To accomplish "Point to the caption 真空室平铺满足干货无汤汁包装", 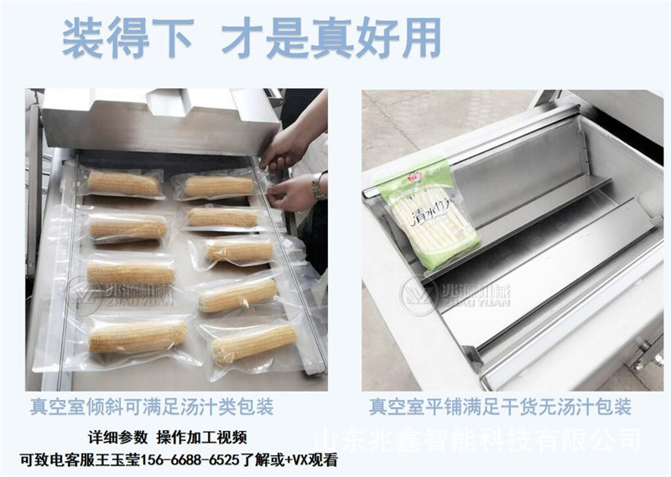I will pyautogui.click(x=500, y=408).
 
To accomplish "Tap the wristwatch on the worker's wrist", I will pyautogui.click(x=319, y=185).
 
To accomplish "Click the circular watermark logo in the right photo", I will pyautogui.click(x=418, y=294).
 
